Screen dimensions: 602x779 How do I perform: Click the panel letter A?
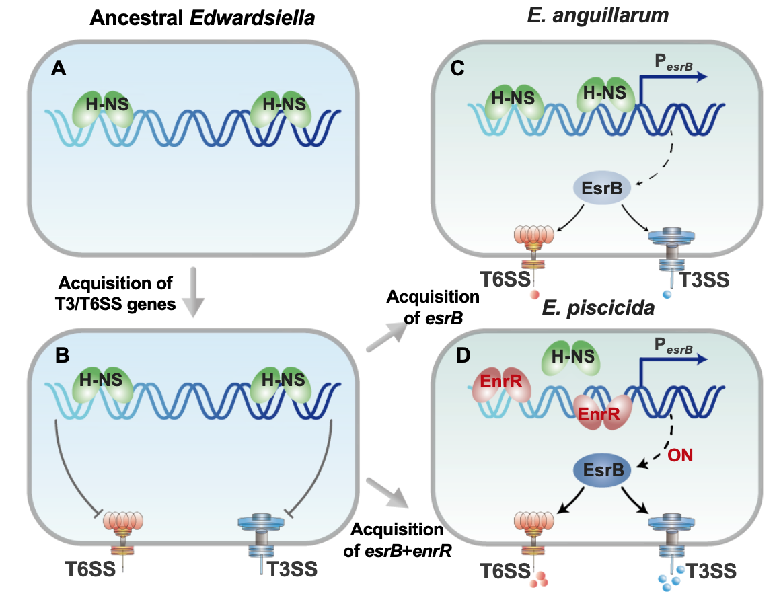click(x=59, y=69)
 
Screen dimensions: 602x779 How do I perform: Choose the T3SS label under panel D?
click(x=710, y=572)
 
